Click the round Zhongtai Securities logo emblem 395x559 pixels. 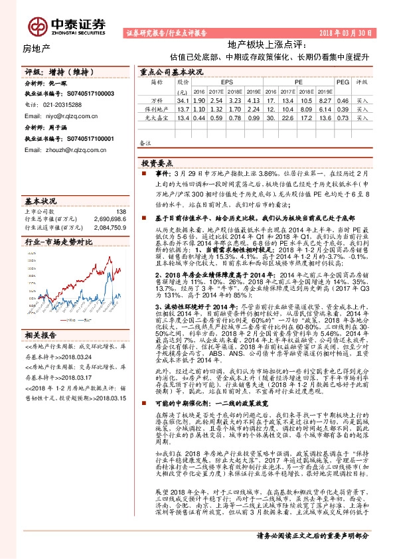36,26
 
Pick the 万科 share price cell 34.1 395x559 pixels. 183,99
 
